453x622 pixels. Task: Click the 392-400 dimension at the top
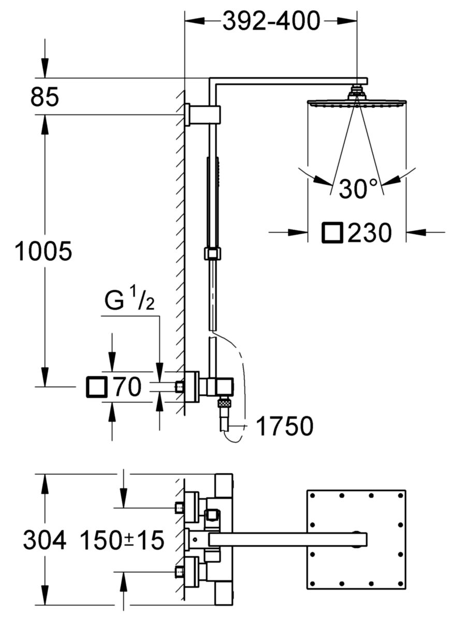coord(271,21)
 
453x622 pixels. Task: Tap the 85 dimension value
coord(45,96)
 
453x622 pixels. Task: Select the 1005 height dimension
coord(43,251)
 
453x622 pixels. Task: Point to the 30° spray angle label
coord(358,189)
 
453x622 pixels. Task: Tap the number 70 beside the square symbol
coord(126,387)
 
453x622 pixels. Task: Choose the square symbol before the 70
coord(97,387)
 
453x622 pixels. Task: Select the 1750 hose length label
coord(284,426)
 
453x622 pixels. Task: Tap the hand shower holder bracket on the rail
coord(212,253)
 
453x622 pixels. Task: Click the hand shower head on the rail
coord(213,203)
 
